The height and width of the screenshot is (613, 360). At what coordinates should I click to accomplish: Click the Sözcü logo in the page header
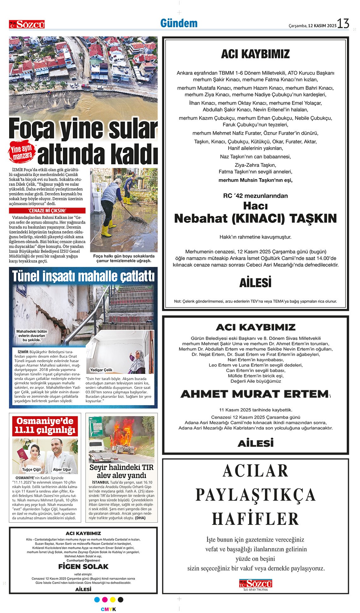pos(27,24)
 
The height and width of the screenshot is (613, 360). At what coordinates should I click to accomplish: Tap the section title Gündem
pos(179,23)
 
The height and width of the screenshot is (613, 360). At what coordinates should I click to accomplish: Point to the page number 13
pos(343,24)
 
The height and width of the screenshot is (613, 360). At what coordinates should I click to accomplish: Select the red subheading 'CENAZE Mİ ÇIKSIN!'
pos(47,211)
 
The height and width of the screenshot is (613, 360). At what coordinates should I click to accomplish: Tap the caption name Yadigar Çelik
pos(101,370)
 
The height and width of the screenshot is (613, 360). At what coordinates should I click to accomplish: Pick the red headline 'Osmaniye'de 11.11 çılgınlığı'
pos(45,426)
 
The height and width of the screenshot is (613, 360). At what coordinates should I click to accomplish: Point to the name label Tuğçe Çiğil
pos(31,470)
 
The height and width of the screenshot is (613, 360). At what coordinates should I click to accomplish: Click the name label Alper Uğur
pos(62,470)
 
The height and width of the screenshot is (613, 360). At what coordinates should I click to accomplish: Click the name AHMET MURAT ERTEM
pos(255,394)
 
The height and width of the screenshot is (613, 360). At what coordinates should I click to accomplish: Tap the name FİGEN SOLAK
pos(83,566)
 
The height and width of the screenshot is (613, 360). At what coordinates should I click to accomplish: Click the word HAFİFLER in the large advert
pos(255,519)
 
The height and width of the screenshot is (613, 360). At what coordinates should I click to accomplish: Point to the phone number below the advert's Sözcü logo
pos(255,590)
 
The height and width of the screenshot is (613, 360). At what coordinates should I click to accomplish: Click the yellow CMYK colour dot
pos(113,599)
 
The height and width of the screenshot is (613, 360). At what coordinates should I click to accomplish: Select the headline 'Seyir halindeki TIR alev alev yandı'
pos(121,471)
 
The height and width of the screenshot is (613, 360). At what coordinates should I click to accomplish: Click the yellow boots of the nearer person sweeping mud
pos(106,230)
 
